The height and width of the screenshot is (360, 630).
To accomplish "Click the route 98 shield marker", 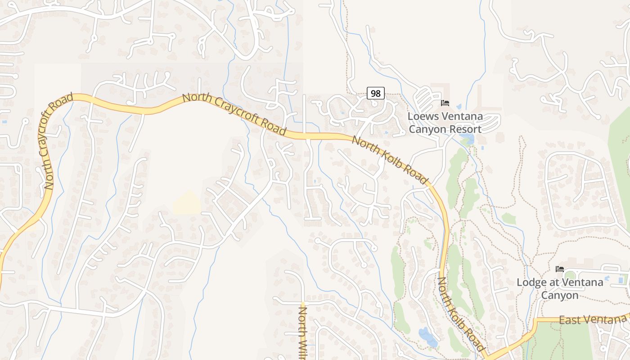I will coord(376,94).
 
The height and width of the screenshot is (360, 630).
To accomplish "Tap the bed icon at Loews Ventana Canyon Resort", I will coord(445,103).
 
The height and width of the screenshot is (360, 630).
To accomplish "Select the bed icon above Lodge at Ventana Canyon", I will coord(560,269).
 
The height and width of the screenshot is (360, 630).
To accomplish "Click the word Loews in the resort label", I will coord(422,117).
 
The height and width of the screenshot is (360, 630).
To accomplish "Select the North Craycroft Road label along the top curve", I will coord(234,115).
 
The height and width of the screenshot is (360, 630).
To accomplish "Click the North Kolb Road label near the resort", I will coord(389,160).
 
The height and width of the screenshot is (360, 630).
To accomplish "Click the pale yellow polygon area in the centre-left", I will coord(187,203).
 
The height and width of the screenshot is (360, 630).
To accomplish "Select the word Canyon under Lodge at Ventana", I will coord(559,296).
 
